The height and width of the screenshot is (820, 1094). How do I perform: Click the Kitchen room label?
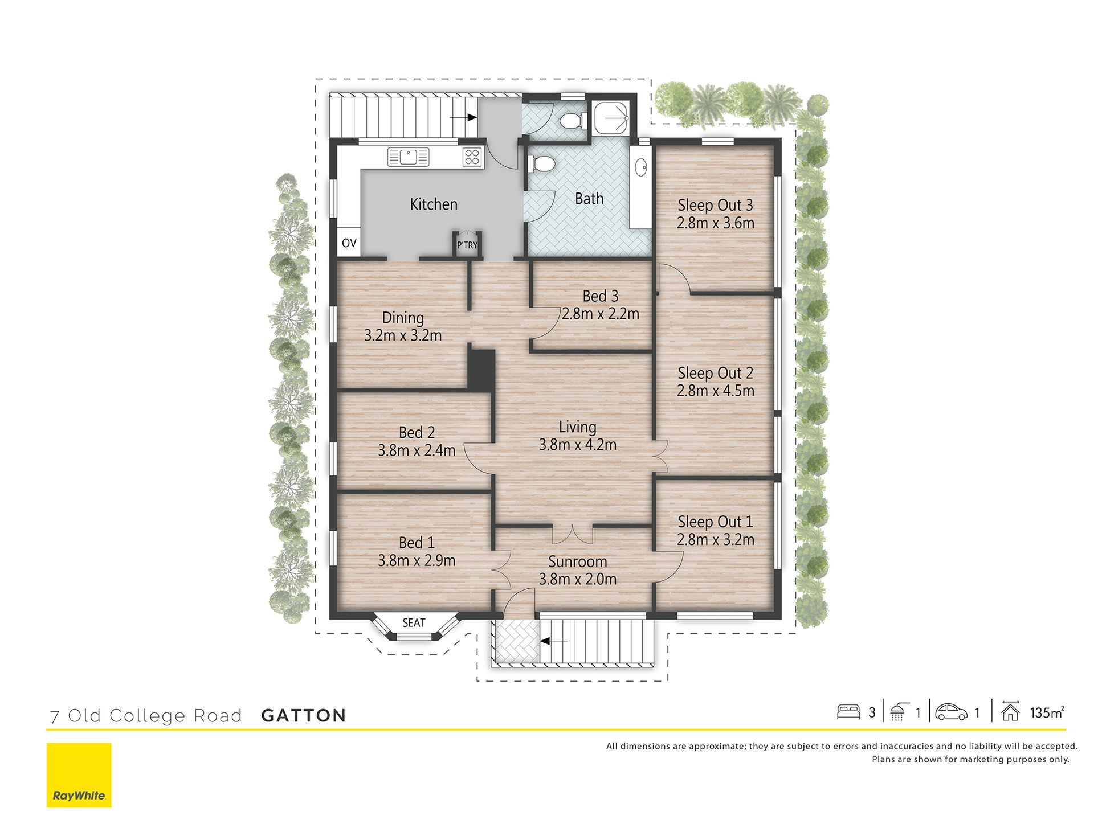pyautogui.click(x=434, y=204)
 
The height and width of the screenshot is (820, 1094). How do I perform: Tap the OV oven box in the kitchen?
pyautogui.click(x=349, y=243)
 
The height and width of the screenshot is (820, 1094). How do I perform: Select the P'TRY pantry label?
pyautogui.click(x=467, y=245)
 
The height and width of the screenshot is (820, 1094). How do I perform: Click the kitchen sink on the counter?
pyautogui.click(x=408, y=157)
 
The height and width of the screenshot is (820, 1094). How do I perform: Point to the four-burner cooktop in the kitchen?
pyautogui.click(x=472, y=157)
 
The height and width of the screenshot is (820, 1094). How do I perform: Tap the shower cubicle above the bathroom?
pyautogui.click(x=611, y=118)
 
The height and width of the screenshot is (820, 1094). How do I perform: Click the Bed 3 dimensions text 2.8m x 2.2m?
pyautogui.click(x=601, y=314)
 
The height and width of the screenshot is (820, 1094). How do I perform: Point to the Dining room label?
pyautogui.click(x=403, y=318)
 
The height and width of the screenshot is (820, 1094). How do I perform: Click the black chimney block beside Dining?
pyautogui.click(x=481, y=370)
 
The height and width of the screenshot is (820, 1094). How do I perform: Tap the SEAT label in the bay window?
pyautogui.click(x=414, y=622)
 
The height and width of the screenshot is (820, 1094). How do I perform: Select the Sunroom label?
pyautogui.click(x=578, y=561)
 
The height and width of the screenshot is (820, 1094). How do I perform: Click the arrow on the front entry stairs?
pyautogui.click(x=554, y=641)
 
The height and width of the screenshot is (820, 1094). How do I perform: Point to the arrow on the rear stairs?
pyautogui.click(x=463, y=118)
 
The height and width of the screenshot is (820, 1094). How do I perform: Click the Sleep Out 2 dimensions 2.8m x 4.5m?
pyautogui.click(x=716, y=391)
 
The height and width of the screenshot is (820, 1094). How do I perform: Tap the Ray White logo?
pyautogui.click(x=79, y=775)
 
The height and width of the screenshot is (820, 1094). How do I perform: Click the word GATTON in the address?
pyautogui.click(x=304, y=716)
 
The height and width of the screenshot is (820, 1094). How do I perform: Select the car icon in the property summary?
pyautogui.click(x=951, y=712)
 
